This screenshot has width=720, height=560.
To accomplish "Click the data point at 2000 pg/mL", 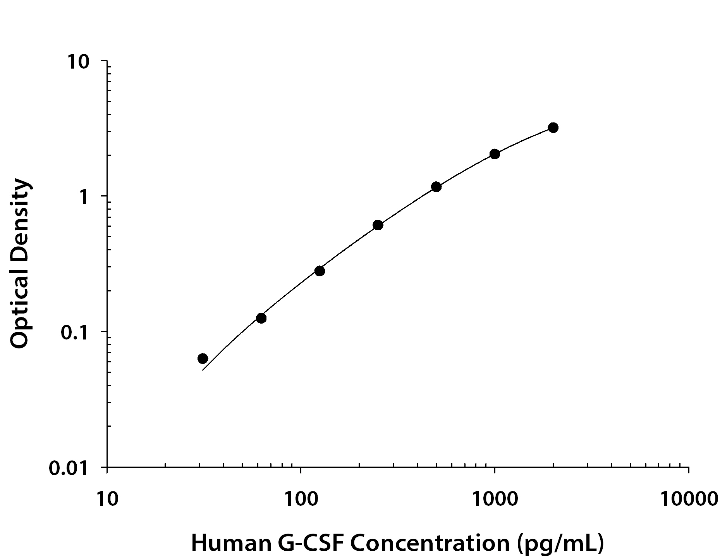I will click(x=553, y=128).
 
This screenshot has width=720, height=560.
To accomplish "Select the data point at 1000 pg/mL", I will click(x=495, y=154).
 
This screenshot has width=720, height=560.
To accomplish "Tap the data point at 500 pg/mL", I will click(x=436, y=187).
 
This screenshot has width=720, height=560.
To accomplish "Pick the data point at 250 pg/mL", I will click(x=378, y=225).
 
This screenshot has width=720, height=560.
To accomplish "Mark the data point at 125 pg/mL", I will click(x=320, y=271).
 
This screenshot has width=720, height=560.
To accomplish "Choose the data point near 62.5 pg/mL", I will click(x=261, y=318).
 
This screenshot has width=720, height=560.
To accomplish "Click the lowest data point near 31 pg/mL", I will click(x=203, y=358).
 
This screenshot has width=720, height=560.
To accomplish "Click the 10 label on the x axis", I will click(x=107, y=499).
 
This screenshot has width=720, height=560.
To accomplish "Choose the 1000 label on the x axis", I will click(x=495, y=499).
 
